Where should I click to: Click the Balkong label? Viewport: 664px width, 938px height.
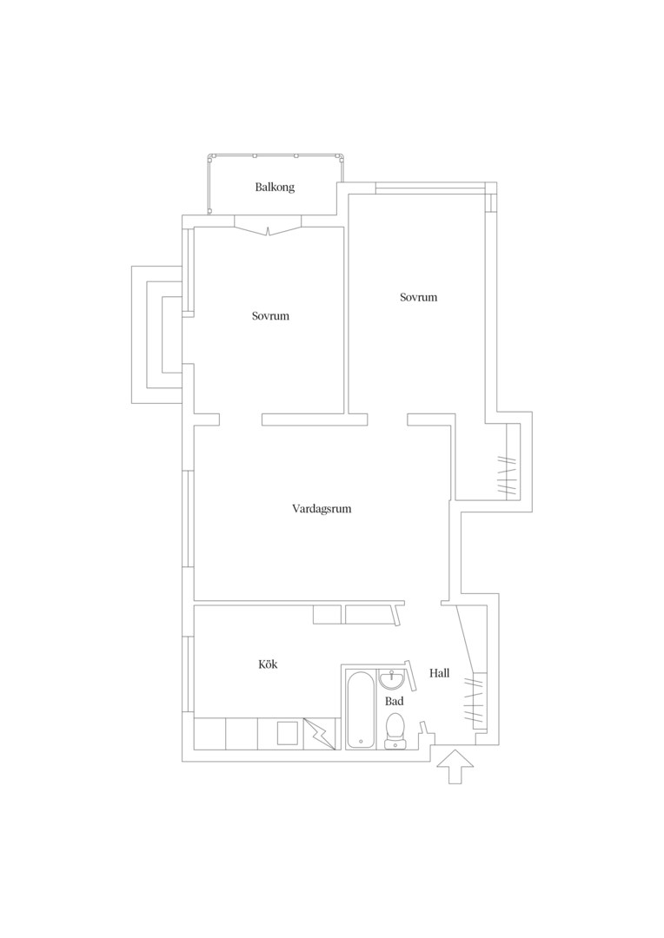(x=275, y=188)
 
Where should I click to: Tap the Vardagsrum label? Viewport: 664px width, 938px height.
(x=322, y=509)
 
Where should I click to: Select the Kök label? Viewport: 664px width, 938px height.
(x=269, y=664)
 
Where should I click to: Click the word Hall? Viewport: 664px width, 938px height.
(x=439, y=673)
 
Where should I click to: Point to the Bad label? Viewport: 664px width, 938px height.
(x=394, y=701)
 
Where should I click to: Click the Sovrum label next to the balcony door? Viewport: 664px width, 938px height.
(x=270, y=316)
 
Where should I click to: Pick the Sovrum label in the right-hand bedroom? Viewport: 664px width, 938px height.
(x=419, y=297)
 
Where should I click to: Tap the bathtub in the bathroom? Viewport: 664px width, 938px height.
(x=361, y=710)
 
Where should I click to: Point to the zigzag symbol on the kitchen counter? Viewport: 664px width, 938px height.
(x=318, y=733)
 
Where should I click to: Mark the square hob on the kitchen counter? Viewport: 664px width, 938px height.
(x=288, y=733)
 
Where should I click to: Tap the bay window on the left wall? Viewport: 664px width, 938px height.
(x=156, y=334)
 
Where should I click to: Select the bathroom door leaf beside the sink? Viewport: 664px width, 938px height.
(x=410, y=674)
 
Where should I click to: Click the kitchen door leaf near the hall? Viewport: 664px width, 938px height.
(x=395, y=614)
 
